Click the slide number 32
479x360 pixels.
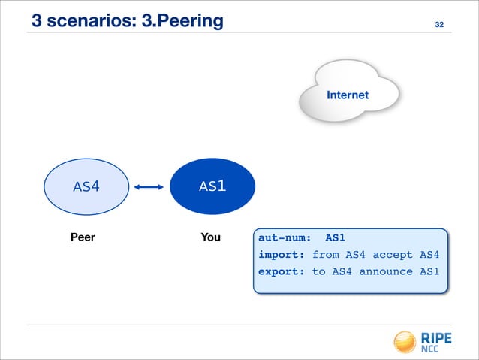tap(440, 26)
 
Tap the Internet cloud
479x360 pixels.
tap(348, 95)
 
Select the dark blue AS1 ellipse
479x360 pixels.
tap(212, 186)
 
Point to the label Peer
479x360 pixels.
tap(83, 237)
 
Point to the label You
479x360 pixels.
tap(210, 237)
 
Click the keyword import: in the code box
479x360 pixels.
tap(282, 255)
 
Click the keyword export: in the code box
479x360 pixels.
tap(282, 271)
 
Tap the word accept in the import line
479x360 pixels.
tap(393, 255)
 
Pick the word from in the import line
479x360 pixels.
tap(325, 255)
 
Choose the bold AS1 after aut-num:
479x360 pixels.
tap(335, 237)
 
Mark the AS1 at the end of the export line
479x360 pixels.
tap(429, 271)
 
